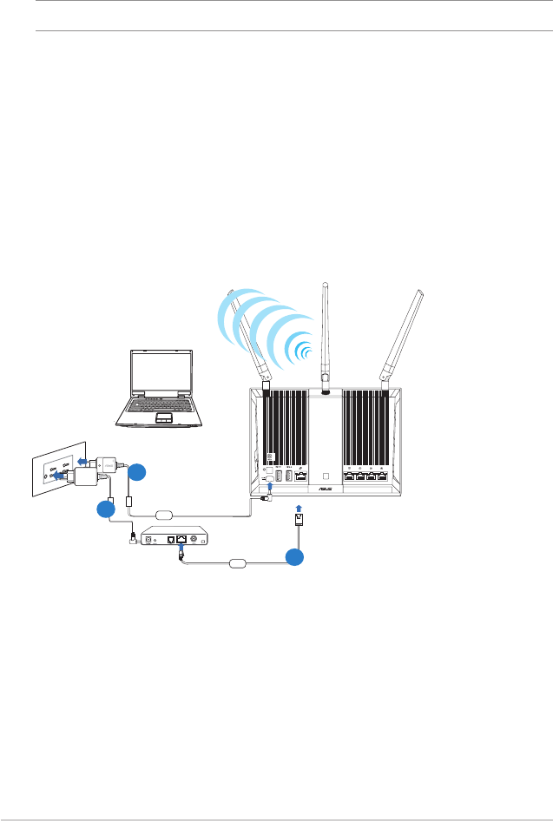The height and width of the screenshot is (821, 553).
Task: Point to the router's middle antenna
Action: click(326, 334)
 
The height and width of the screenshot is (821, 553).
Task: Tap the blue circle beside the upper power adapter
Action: click(136, 473)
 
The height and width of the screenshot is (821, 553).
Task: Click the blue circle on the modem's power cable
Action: click(106, 509)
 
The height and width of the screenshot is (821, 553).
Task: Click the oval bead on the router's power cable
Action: click(165, 514)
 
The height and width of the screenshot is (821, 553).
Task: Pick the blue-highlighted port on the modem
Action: click(181, 539)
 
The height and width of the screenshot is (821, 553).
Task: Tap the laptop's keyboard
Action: click(161, 405)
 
